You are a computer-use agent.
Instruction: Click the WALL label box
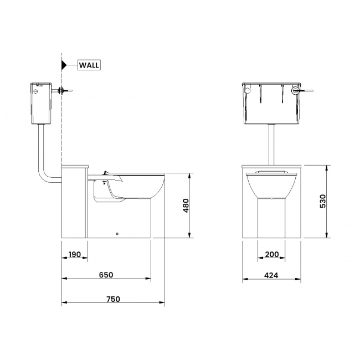point(89,65)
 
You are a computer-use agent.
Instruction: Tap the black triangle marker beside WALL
point(64,65)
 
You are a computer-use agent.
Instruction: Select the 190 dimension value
point(75,254)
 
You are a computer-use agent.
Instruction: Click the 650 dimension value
point(106,275)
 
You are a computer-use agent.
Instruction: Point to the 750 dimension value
point(113,299)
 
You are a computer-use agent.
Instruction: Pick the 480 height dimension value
point(186,205)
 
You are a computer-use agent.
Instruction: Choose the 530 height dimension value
point(322,201)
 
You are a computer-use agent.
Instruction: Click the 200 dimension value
point(272,254)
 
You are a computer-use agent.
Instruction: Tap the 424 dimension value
point(271,275)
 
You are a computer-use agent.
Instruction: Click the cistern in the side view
point(41,104)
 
